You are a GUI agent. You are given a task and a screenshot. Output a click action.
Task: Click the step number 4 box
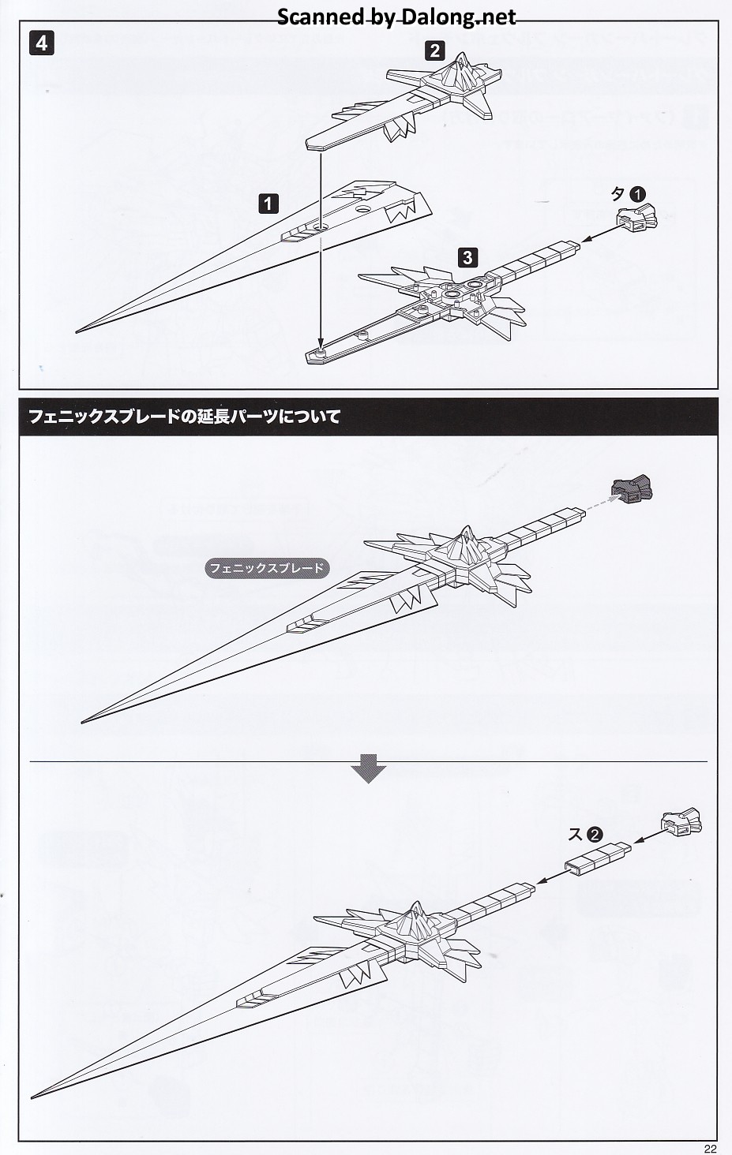[x=41, y=43]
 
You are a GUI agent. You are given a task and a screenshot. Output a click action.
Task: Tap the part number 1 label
[x=268, y=204]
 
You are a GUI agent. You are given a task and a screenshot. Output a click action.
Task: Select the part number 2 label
[x=434, y=51]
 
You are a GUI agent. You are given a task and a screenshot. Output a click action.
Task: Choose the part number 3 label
[x=467, y=257]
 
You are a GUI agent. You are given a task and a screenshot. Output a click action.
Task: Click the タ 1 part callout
[x=629, y=194]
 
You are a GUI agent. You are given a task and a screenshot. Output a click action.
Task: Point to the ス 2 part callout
[x=586, y=834]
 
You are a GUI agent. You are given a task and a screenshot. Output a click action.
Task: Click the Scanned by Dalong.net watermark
[x=396, y=17]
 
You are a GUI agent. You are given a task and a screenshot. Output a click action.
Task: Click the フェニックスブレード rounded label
[x=266, y=568]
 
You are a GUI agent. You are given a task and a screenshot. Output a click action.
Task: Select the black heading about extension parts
[x=369, y=416]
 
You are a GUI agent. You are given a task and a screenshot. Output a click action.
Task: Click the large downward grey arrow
[x=368, y=768]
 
